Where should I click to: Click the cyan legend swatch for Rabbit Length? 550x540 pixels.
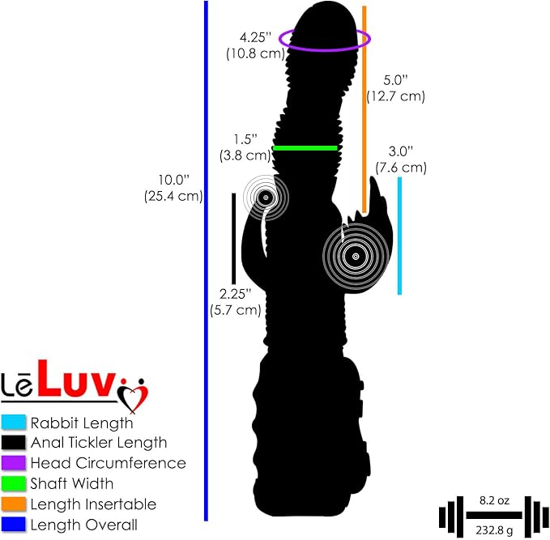tap(13, 422)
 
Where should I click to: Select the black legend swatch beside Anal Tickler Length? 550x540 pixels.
tap(13, 443)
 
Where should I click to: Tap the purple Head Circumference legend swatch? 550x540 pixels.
tap(13, 463)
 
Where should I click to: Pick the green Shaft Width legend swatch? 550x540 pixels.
tap(13, 483)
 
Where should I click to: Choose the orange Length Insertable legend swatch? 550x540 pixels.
tap(13, 504)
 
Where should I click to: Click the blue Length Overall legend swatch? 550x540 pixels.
tap(13, 525)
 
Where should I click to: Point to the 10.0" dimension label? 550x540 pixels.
tap(173, 180)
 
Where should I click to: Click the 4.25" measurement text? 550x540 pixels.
tap(256, 37)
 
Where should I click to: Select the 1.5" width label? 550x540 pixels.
tap(245, 139)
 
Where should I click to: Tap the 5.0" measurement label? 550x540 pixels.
tap(395, 80)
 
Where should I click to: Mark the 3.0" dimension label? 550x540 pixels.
tap(401, 151)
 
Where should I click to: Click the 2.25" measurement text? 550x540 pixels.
tap(236, 294)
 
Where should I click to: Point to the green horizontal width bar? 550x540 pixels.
tap(305, 148)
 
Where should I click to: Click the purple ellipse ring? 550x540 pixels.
tap(325, 49)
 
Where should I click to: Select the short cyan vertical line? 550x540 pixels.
tap(399, 236)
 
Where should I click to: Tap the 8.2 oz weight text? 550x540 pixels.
tap(494, 500)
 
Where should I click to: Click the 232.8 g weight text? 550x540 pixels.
tap(494, 530)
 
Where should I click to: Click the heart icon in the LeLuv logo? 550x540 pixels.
tap(133, 396)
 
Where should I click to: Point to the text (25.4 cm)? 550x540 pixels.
tap(173, 196)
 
